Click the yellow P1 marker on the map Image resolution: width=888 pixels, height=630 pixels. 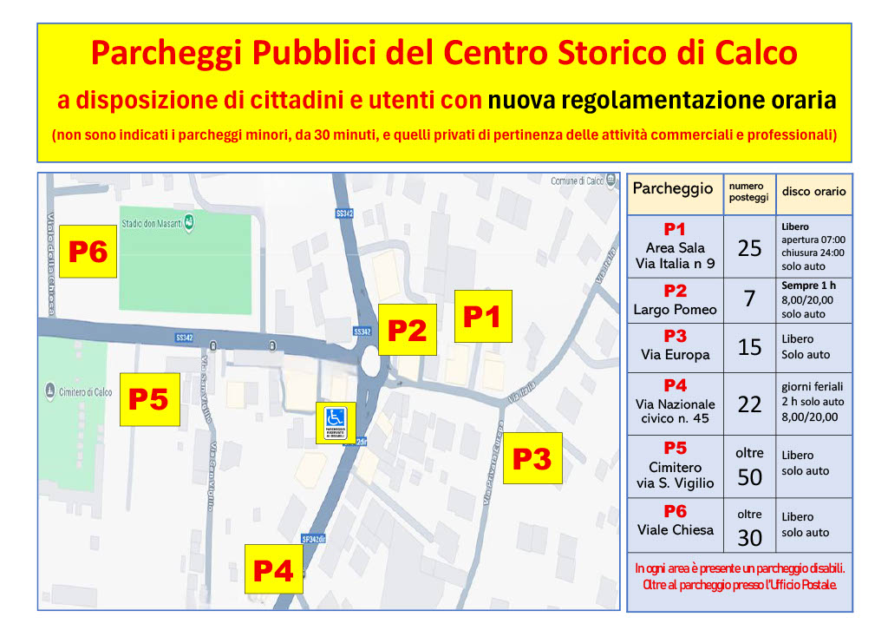click(483, 317)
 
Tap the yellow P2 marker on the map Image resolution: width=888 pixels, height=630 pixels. click(408, 330)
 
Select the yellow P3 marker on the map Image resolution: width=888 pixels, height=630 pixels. click(532, 458)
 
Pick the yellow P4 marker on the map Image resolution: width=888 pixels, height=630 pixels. click(273, 569)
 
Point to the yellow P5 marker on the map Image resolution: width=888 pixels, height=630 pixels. click(149, 399)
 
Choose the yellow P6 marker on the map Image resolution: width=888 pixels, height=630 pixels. click(88, 252)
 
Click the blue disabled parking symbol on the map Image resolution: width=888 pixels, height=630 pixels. click(336, 423)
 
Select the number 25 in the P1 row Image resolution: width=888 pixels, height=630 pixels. click(749, 248)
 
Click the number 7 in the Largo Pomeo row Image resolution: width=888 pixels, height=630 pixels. click(749, 299)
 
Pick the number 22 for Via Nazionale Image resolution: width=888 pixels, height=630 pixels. click(749, 404)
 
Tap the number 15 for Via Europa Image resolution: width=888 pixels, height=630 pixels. click(749, 347)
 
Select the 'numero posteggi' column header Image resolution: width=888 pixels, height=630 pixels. click(748, 192)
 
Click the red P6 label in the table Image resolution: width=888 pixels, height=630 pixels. click(676, 512)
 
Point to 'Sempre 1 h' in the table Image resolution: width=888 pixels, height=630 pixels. click(808, 285)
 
